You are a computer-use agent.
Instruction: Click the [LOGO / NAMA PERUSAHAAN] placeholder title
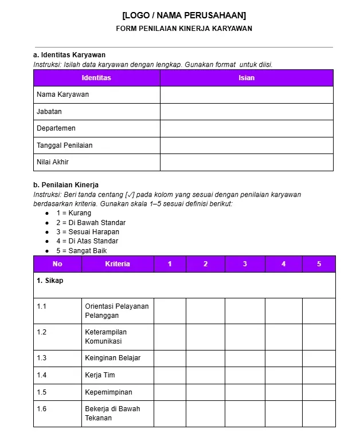pyautogui.click(x=183, y=15)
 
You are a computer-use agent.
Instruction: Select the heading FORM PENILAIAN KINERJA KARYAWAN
pyautogui.click(x=183, y=29)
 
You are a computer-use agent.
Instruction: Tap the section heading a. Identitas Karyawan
pyautogui.click(x=69, y=55)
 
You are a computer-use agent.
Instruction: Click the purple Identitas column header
pyautogui.click(x=96, y=78)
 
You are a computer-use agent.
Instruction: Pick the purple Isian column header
pyautogui.click(x=246, y=78)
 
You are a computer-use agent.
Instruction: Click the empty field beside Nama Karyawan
pyautogui.click(x=246, y=94)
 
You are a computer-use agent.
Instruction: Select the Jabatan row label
pyautogui.click(x=49, y=112)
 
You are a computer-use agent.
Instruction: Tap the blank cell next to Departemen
pyautogui.click(x=246, y=128)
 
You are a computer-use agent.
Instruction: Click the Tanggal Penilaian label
pyautogui.click(x=64, y=145)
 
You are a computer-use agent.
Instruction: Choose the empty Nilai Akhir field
pyautogui.click(x=246, y=162)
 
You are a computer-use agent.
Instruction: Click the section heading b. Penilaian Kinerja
pyautogui.click(x=66, y=185)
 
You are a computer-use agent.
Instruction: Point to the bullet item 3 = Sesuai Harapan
pyautogui.click(x=87, y=232)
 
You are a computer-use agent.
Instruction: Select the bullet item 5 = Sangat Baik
pyautogui.click(x=81, y=251)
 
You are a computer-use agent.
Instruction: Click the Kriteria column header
pyautogui.click(x=118, y=264)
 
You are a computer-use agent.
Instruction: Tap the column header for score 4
pyautogui.click(x=283, y=264)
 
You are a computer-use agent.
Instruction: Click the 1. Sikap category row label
pyautogui.click(x=50, y=281)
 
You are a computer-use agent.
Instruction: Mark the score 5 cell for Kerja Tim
pyautogui.click(x=319, y=375)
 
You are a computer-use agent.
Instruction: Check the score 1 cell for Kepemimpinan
pyautogui.click(x=170, y=392)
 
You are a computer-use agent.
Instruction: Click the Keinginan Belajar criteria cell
pyautogui.click(x=113, y=358)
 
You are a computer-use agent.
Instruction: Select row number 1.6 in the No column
pyautogui.click(x=42, y=409)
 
